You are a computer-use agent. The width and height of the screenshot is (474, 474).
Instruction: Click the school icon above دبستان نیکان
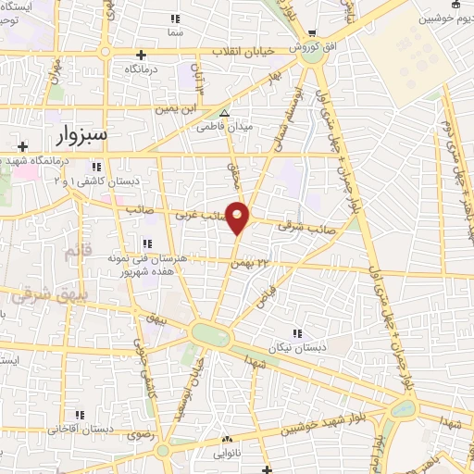pyautogui.click(x=297, y=332)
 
